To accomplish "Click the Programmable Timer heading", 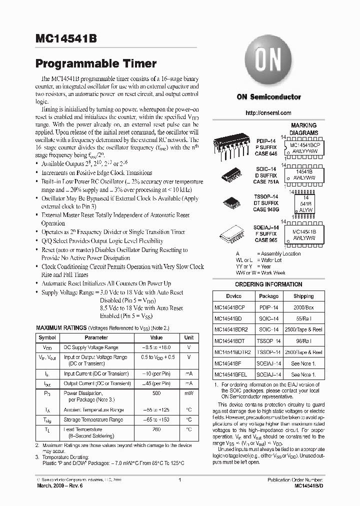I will pyautogui.click(x=96, y=63).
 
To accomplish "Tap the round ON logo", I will pyautogui.click(x=268, y=62).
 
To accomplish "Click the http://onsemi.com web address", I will pyautogui.click(x=268, y=113).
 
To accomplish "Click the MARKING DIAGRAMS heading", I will pyautogui.click(x=303, y=129).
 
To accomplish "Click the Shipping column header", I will pyautogui.click(x=303, y=296).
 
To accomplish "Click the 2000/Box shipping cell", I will pyautogui.click(x=303, y=307).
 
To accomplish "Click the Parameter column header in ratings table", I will pyautogui.click(x=96, y=337).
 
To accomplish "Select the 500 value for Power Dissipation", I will pyautogui.click(x=156, y=393).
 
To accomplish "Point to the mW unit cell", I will pyautogui.click(x=189, y=393).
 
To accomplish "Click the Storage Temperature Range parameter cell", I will pyautogui.click(x=93, y=420).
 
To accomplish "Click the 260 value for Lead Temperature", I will pyautogui.click(x=156, y=429).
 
